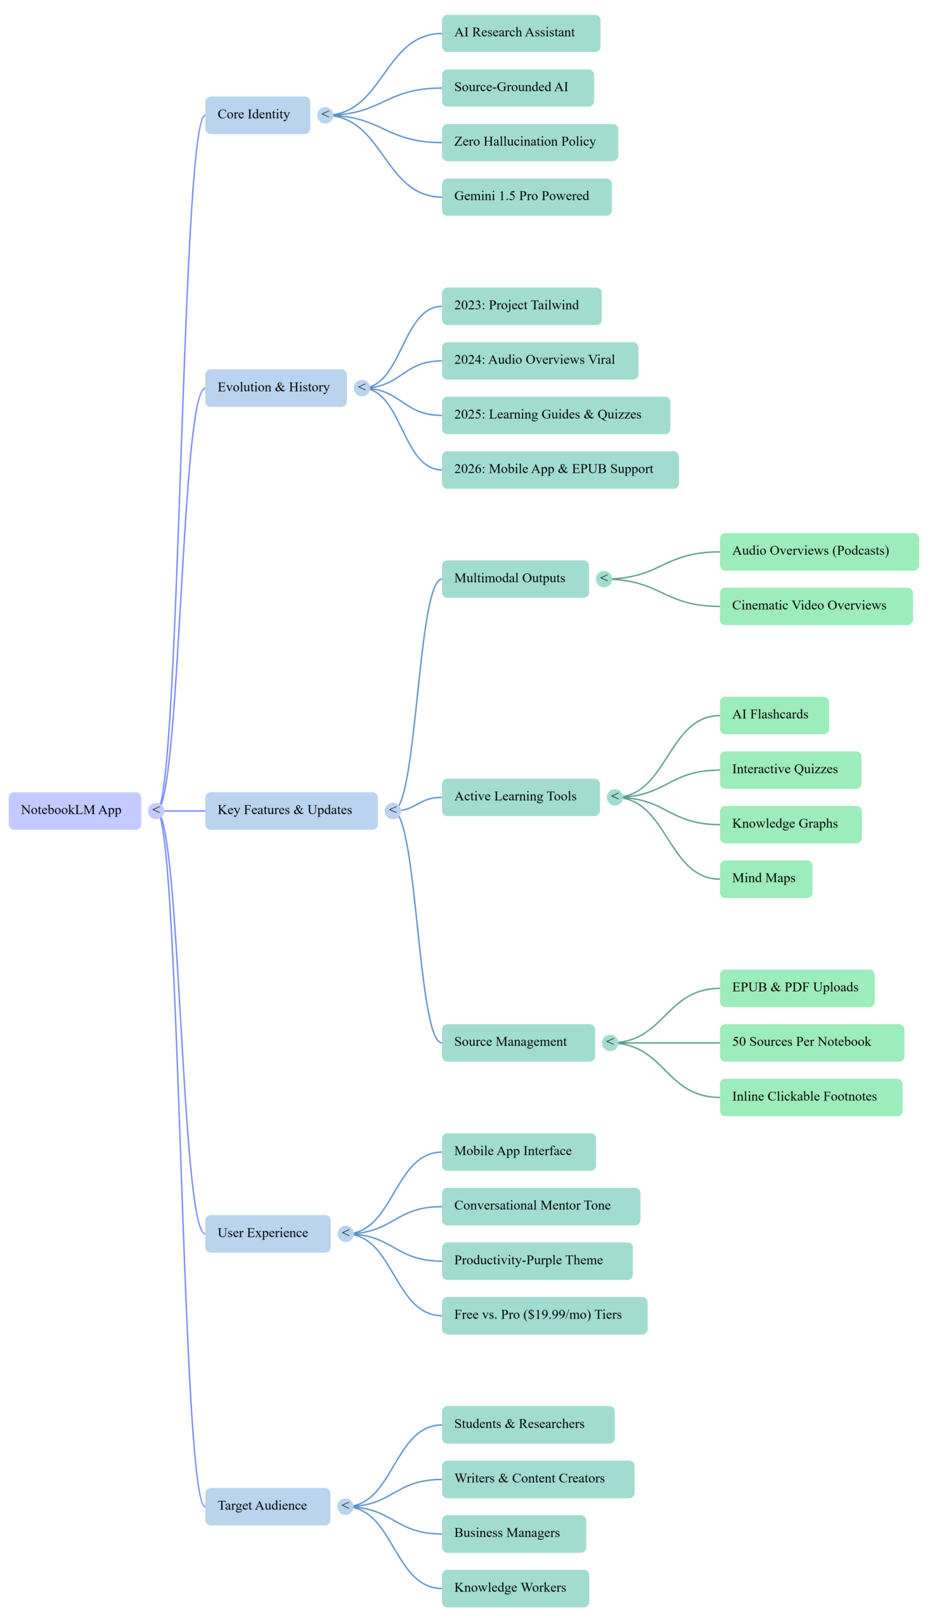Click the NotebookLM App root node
[x=75, y=810]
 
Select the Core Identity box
[x=257, y=115]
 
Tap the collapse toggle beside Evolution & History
[x=362, y=388]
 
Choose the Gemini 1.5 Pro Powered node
[x=526, y=197]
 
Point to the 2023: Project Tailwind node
[x=521, y=306]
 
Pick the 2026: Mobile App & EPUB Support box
[x=560, y=469]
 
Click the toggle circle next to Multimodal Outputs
[x=604, y=578]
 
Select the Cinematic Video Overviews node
[x=816, y=606]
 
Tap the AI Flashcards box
[x=774, y=715]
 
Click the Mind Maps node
[x=766, y=879]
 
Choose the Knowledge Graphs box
[x=790, y=824]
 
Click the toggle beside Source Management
[x=611, y=1042]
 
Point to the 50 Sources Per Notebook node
[x=812, y=1042]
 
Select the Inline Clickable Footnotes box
[x=811, y=1097]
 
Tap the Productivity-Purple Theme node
[x=536, y=1260]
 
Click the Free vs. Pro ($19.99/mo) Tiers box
[x=544, y=1315]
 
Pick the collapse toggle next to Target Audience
[x=346, y=1506]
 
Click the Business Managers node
[x=513, y=1533]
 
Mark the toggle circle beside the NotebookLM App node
[x=156, y=810]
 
